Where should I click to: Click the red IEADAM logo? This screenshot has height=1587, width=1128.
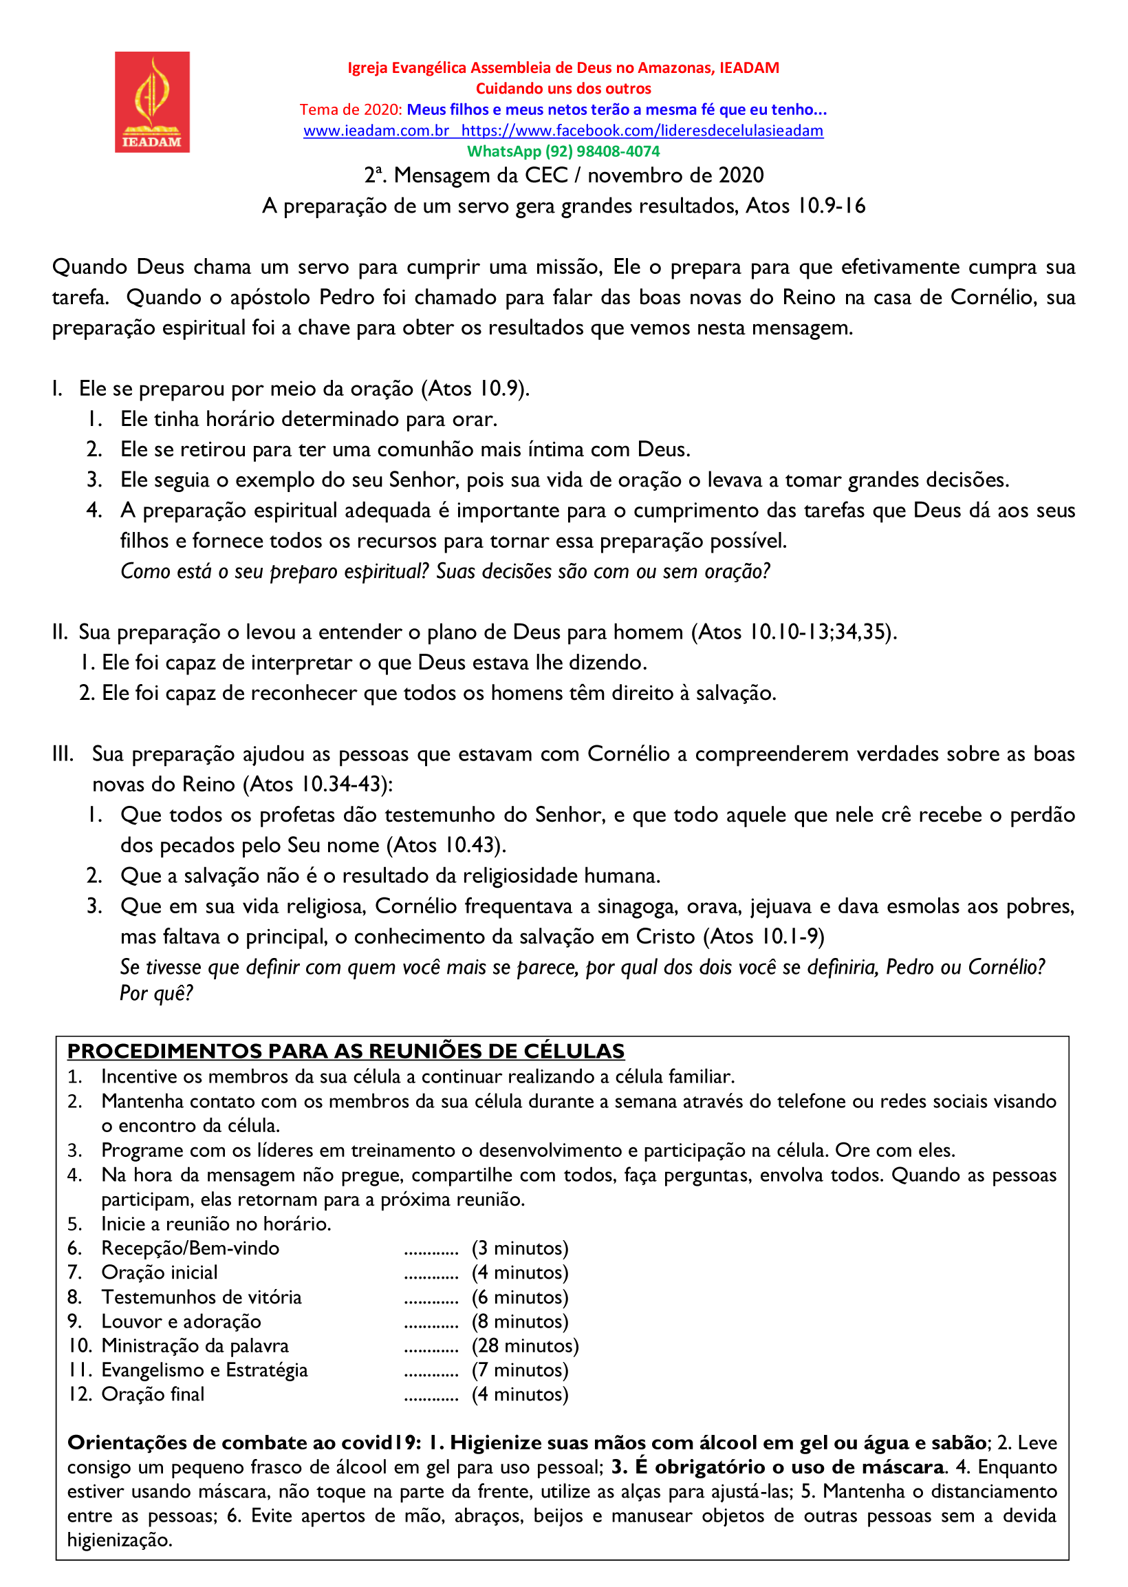coord(152,102)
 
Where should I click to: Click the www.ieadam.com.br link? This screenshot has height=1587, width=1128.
coord(376,131)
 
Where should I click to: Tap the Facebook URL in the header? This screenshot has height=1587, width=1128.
coord(642,131)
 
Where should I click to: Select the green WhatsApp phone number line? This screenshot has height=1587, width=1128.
coord(563,151)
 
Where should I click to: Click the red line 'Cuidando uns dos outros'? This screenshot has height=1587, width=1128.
coord(563,89)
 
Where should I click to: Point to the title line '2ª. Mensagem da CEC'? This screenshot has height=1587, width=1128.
coord(563,175)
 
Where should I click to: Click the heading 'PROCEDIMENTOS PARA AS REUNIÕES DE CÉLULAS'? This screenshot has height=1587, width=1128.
coord(346,1051)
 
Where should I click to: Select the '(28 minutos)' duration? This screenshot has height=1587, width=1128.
coord(525,1345)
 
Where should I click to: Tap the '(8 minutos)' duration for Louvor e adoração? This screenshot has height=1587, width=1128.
coord(519,1321)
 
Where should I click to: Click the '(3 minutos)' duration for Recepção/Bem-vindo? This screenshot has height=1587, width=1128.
coord(519,1248)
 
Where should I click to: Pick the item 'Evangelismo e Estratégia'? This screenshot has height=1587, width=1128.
coord(204,1370)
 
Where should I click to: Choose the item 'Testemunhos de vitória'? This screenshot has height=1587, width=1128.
coord(202,1297)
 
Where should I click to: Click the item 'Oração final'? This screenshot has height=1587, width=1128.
coord(153,1394)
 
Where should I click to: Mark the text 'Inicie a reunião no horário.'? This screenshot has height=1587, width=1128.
coord(216,1224)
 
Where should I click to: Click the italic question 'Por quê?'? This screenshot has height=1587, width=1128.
coord(156,994)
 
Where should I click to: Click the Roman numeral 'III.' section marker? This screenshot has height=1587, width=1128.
coord(63,754)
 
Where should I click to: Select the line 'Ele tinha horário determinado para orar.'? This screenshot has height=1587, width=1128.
coord(308,419)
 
